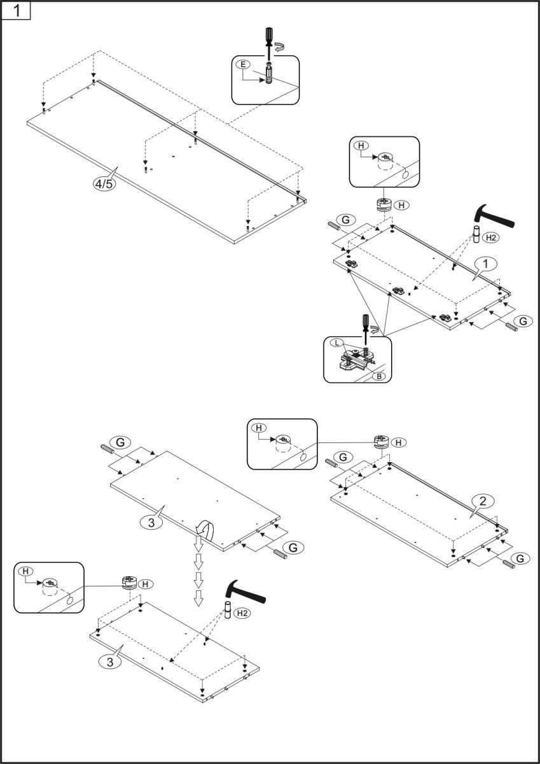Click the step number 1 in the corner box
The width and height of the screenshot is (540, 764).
(16, 11)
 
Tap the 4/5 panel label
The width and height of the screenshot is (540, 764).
(104, 184)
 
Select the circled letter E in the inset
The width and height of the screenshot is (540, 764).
(243, 64)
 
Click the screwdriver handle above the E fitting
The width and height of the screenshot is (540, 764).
(268, 34)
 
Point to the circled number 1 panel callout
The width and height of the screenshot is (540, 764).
(485, 264)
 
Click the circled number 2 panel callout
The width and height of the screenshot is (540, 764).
(483, 501)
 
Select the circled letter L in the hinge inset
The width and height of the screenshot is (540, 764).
(337, 343)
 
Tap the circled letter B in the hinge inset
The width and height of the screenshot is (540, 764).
(379, 376)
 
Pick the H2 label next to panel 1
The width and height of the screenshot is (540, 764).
(491, 237)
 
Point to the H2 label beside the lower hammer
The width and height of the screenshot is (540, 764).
(242, 613)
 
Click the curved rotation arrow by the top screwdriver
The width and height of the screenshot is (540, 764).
(280, 47)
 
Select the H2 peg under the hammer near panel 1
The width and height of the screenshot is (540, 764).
(476, 234)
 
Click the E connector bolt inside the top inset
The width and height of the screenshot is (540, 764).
(269, 73)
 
